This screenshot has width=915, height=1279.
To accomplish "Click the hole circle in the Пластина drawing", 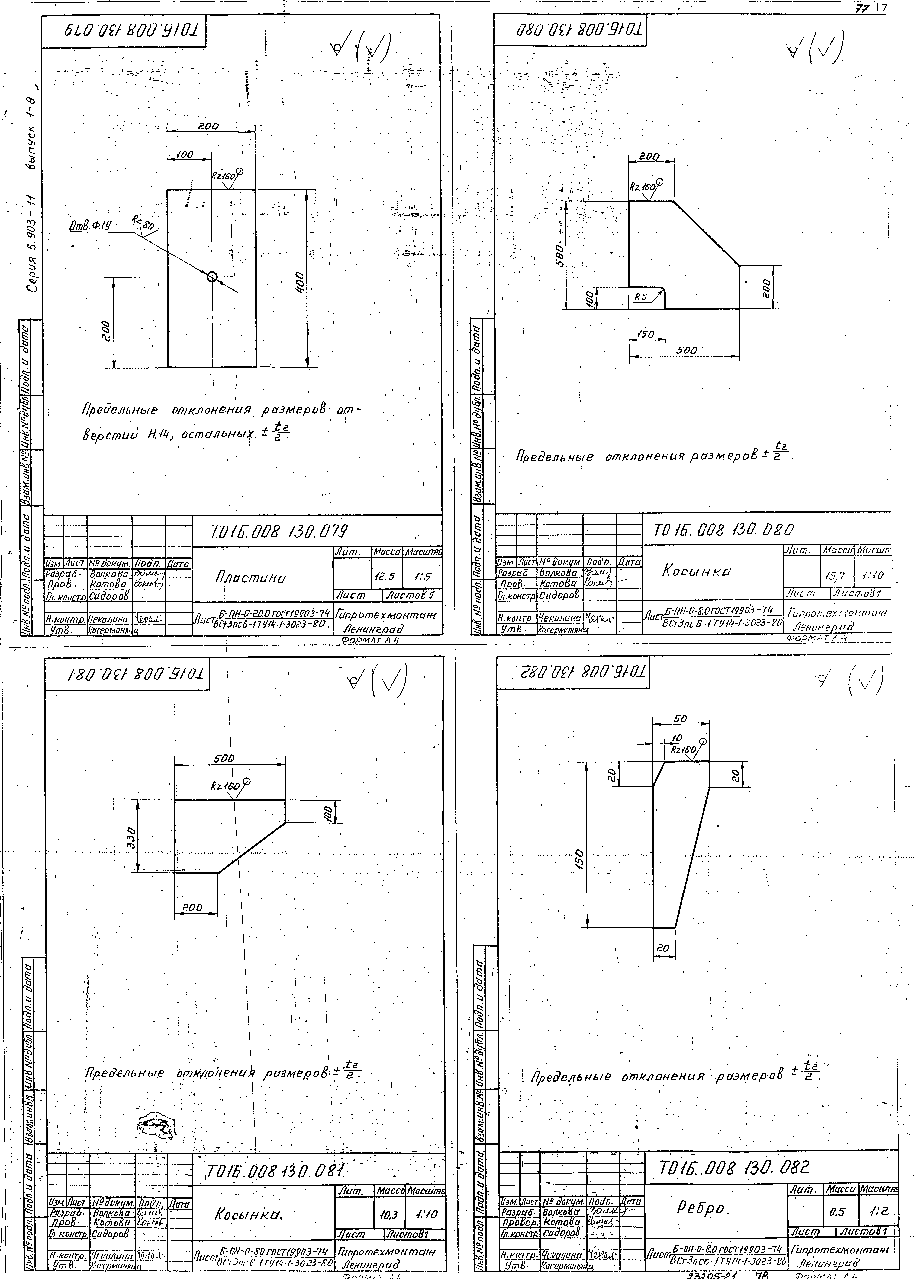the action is [212, 277].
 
